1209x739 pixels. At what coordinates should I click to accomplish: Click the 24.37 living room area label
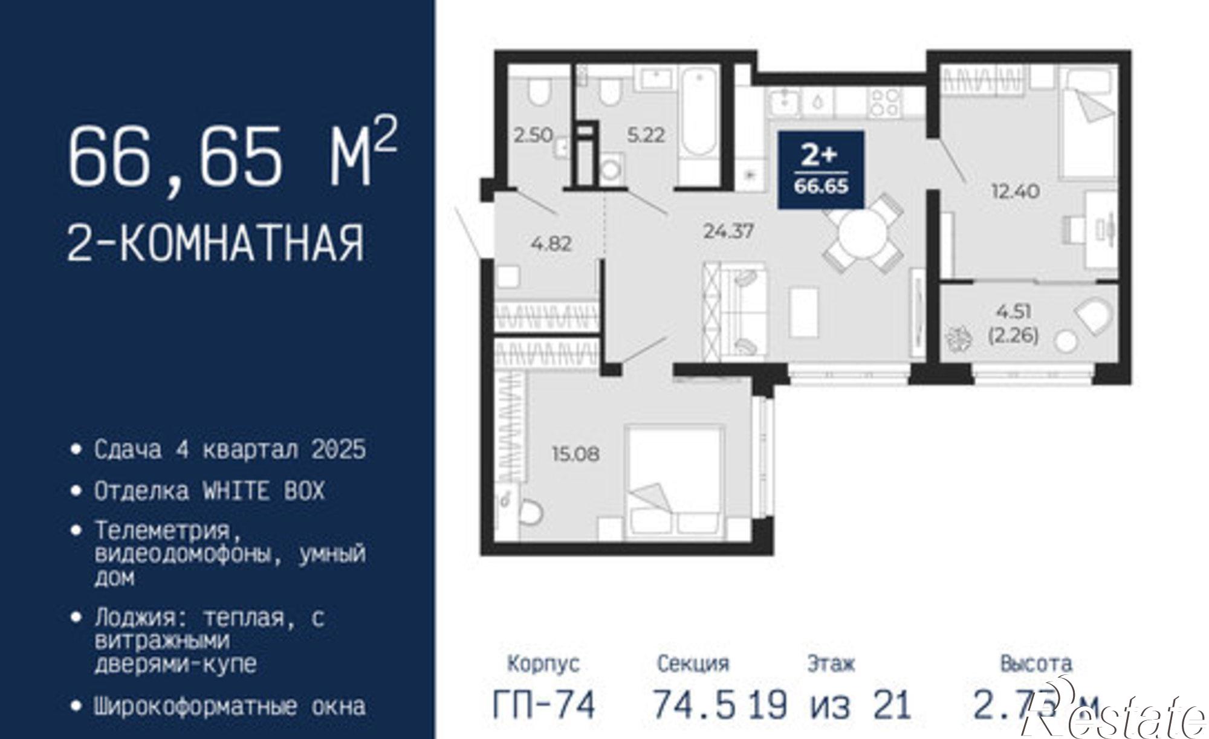pyautogui.click(x=728, y=231)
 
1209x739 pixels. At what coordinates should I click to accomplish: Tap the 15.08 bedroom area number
pyautogui.click(x=575, y=453)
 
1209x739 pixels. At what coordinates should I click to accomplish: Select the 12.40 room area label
pyautogui.click(x=1015, y=192)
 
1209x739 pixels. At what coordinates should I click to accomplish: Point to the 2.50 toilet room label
pyautogui.click(x=533, y=135)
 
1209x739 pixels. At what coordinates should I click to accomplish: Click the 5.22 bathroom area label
pyautogui.click(x=646, y=135)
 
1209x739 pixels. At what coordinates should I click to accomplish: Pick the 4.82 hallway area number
pyautogui.click(x=551, y=244)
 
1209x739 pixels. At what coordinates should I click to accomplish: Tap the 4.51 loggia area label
pyautogui.click(x=1014, y=312)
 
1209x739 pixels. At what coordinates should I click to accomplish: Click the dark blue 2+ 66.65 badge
pyautogui.click(x=821, y=170)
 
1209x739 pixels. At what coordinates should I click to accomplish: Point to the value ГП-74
pyautogui.click(x=544, y=705)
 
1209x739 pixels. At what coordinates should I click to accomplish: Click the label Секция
pyautogui.click(x=693, y=664)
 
